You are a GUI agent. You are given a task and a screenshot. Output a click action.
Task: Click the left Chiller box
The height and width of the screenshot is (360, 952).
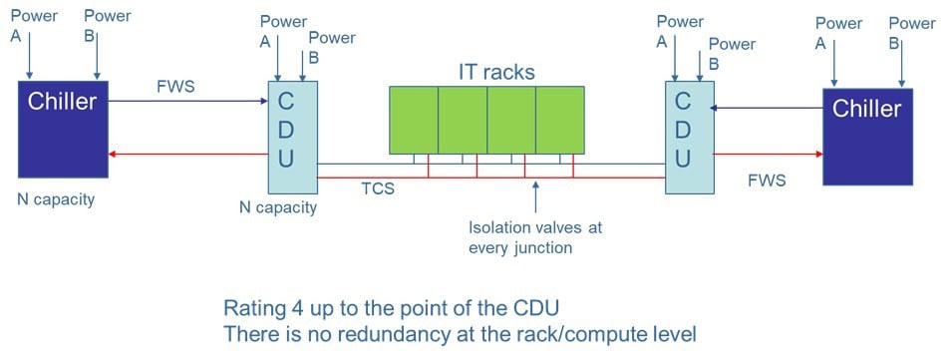coord(63,129)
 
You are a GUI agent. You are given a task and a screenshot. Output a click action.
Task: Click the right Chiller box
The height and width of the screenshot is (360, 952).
coord(866,137)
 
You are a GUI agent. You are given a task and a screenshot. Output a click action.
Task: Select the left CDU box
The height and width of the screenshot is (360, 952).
coord(291,137)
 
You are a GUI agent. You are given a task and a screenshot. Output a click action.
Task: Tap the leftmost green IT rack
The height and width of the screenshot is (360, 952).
coord(414,120)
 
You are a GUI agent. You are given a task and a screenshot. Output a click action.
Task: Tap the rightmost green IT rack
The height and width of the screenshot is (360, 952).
coord(559,120)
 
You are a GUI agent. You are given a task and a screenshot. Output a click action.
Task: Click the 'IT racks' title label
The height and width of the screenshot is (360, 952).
coord(495,71)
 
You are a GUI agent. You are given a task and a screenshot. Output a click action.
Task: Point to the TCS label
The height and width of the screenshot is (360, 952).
coord(377,188)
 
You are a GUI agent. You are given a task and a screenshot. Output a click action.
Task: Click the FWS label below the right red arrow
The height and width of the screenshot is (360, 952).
coord(768,180)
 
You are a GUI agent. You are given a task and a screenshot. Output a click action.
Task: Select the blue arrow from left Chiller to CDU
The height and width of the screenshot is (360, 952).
coord(188,101)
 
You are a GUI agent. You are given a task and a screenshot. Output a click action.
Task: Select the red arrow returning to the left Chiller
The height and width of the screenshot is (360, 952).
coord(188,154)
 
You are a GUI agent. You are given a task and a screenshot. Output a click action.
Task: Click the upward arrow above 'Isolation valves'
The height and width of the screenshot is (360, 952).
coord(535,195)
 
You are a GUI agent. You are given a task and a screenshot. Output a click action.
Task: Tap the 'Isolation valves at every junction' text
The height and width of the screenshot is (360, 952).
coord(534,237)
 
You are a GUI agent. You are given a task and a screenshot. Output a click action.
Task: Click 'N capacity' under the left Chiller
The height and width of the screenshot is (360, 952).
coord(56,199)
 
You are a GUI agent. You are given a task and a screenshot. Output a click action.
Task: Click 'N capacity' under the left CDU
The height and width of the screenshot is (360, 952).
coord(278,207)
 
